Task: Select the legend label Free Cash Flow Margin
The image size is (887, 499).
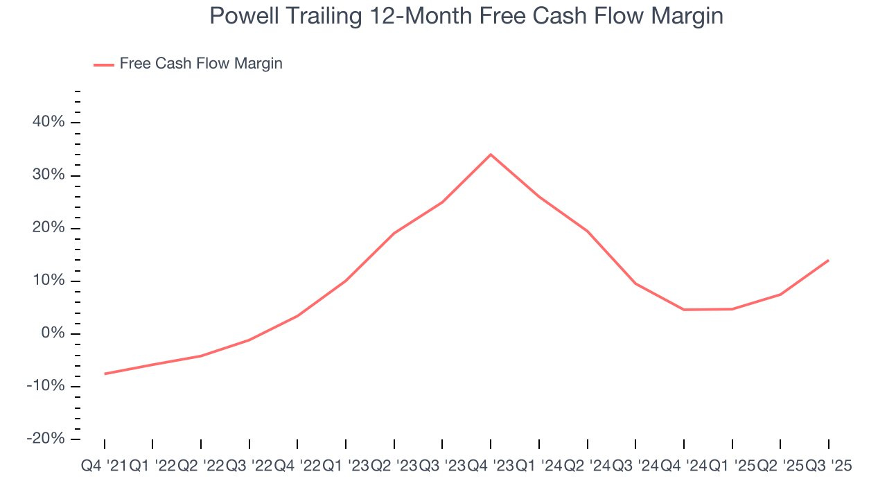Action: pyautogui.click(x=201, y=64)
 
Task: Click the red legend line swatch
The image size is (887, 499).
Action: pyautogui.click(x=103, y=64)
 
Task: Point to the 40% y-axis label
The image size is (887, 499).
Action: pyautogui.click(x=48, y=122)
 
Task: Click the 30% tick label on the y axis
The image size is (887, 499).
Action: pyautogui.click(x=48, y=175)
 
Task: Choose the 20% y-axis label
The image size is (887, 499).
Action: pyautogui.click(x=48, y=228)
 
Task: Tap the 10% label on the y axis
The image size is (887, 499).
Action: pyautogui.click(x=48, y=281)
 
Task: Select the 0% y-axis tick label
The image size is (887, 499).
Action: pyautogui.click(x=52, y=333)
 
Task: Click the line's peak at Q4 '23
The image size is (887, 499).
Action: pyautogui.click(x=491, y=154)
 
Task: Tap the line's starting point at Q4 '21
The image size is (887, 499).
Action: pyautogui.click(x=105, y=374)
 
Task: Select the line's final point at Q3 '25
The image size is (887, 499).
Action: pyautogui.click(x=828, y=261)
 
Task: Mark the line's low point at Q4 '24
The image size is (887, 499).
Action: pyautogui.click(x=684, y=310)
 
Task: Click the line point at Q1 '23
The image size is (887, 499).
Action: pyautogui.click(x=346, y=281)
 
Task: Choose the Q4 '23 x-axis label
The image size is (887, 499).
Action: pyautogui.click(x=490, y=466)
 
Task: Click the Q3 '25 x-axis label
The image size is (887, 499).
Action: pyautogui.click(x=827, y=466)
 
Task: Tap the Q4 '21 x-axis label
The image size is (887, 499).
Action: pyautogui.click(x=104, y=466)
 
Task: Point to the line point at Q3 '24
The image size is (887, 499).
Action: pyautogui.click(x=635, y=283)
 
